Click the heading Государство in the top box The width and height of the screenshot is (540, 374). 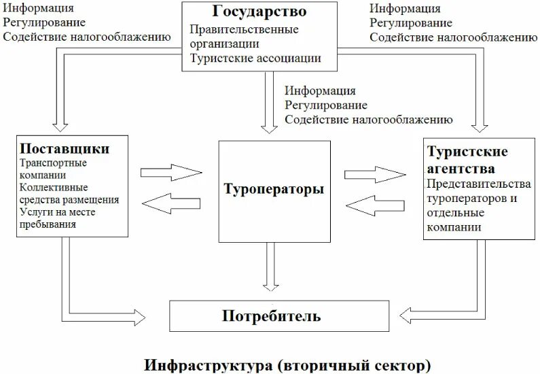coord(259,12)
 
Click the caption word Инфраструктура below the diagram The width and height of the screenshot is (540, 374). coord(206,365)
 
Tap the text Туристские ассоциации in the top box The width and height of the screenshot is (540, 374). coord(255,58)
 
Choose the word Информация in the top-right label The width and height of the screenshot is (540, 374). coord(404,9)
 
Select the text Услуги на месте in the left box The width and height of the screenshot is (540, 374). coord(57,212)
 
